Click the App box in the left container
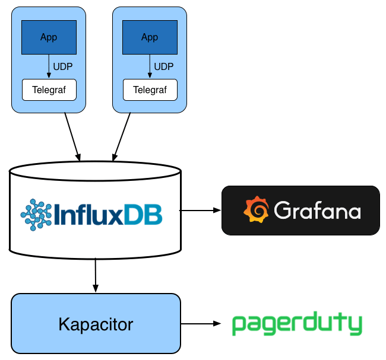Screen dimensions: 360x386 pos(49,37)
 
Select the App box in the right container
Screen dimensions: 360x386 pos(150,37)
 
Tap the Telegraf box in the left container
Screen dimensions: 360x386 pos(49,90)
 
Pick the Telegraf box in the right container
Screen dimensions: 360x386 pos(150,90)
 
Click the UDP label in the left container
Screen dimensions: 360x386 pos(63,66)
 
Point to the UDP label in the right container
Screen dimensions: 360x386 pos(164,66)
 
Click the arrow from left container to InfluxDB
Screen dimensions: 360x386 pos(72,135)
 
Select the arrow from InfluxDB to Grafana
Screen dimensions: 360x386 pos(200,210)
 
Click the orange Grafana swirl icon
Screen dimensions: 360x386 pos(256,211)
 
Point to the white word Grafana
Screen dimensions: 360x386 pos(317,211)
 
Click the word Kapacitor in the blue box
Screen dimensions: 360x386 pos(96,324)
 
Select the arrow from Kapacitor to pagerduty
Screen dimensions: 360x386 pos(200,324)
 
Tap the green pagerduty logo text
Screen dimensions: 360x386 pos(296,325)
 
